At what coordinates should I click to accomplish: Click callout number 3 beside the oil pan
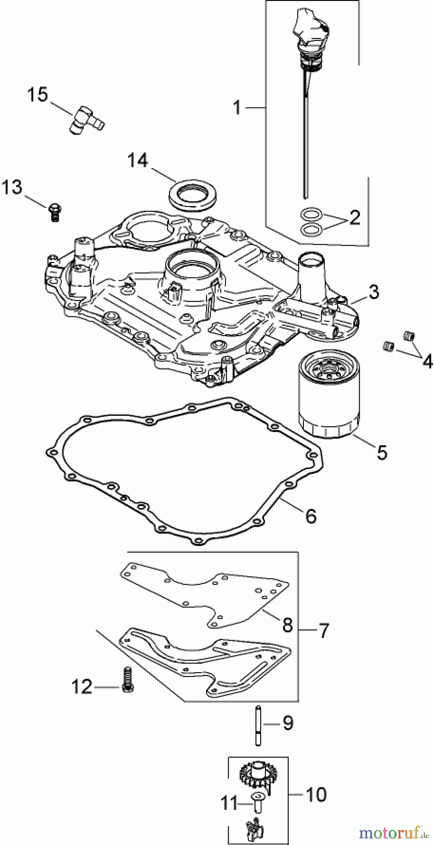373,292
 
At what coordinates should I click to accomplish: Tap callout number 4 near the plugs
427,361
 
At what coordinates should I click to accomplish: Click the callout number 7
324,630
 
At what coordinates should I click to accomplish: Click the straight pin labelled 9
258,723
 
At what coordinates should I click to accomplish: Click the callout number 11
230,804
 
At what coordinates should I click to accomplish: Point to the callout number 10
315,794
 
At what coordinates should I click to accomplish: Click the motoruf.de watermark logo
394,833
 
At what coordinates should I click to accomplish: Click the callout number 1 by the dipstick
237,108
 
